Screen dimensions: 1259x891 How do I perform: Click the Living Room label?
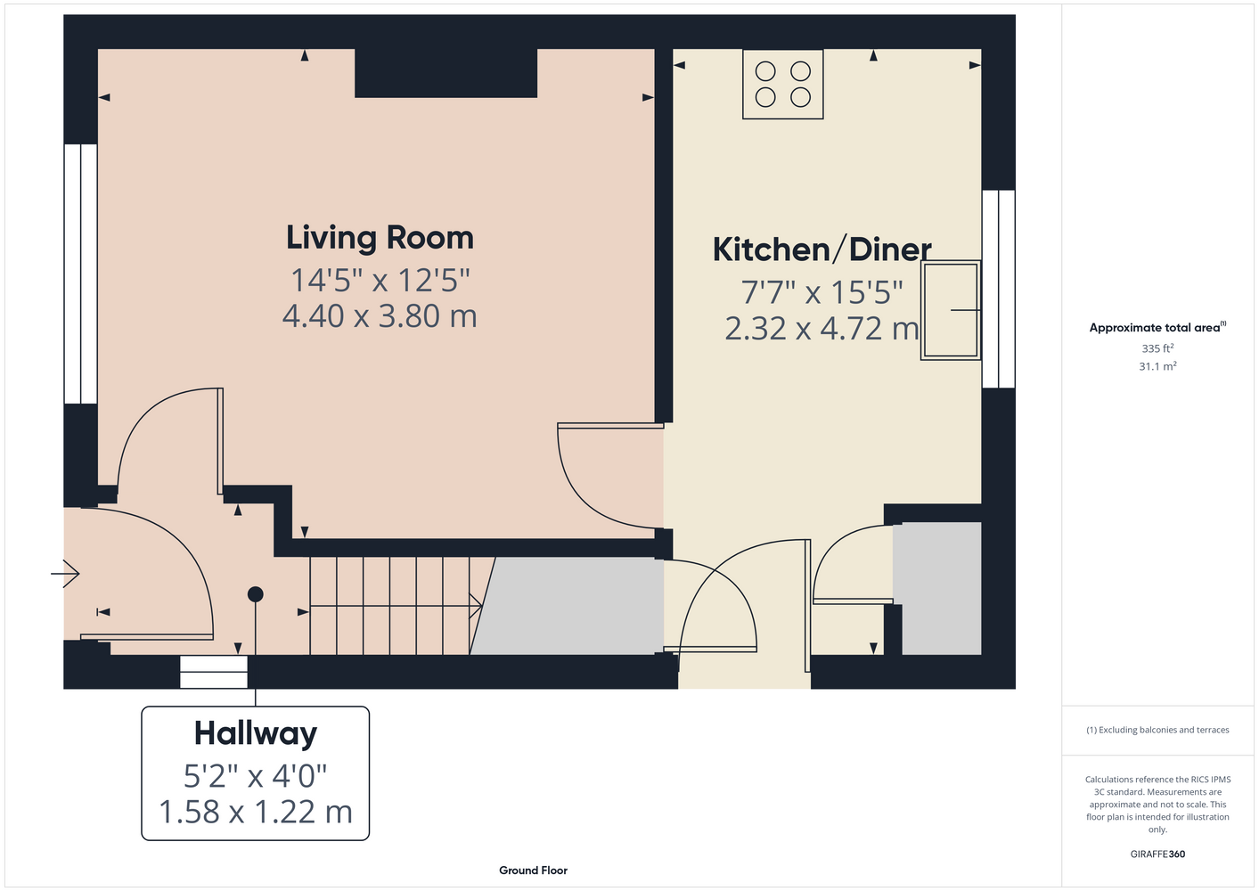tap(380, 238)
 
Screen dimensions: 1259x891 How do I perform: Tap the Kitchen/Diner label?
tap(822, 249)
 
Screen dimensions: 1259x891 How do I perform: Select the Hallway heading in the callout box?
tap(256, 734)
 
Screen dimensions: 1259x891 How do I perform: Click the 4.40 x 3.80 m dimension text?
tap(380, 316)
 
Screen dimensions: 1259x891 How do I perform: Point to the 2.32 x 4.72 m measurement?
tap(822, 329)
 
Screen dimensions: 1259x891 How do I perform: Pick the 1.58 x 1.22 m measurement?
tap(256, 812)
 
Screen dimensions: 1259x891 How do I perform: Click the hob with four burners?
tap(783, 85)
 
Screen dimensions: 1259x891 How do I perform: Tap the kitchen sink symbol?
tap(951, 310)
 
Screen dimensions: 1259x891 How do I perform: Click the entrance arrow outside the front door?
tap(65, 574)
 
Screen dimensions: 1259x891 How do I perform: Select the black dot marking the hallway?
tap(256, 594)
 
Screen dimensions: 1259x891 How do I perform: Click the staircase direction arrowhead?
tap(476, 606)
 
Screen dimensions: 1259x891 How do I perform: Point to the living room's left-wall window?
tap(81, 274)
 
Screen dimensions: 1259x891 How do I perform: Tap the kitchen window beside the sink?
tap(999, 289)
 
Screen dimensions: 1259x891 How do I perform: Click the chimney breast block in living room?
tap(446, 73)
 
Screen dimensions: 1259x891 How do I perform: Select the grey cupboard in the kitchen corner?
tap(937, 589)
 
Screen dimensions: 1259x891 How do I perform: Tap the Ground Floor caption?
tap(534, 871)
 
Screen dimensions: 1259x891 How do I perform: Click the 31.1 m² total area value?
tap(1157, 366)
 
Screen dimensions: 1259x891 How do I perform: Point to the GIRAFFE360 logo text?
tap(1157, 854)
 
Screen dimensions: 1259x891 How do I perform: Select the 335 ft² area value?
tap(1157, 348)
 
